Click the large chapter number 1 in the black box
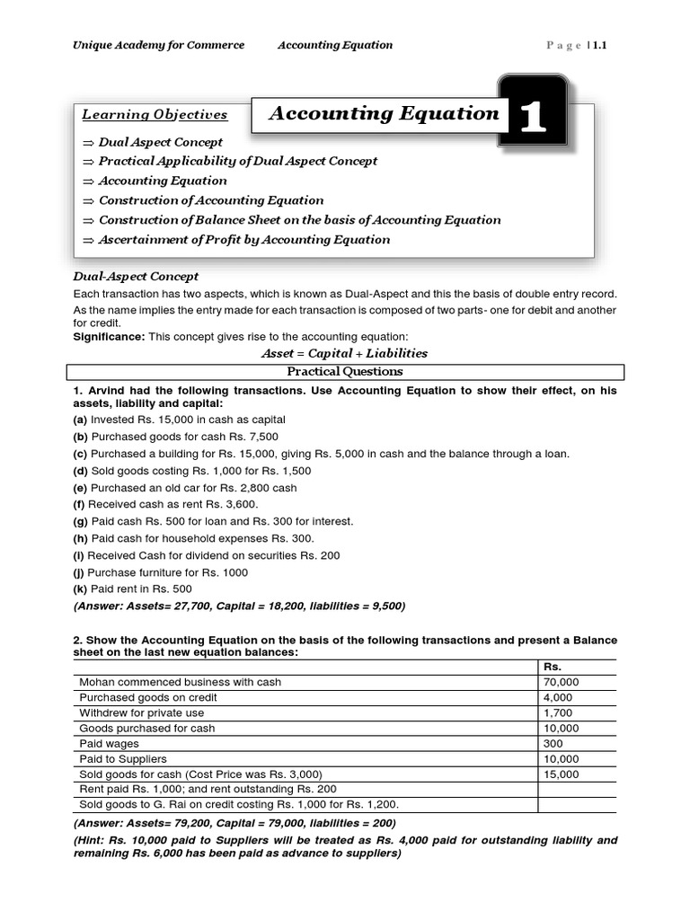(533, 116)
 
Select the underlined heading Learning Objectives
(155, 115)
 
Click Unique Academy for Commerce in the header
(158, 45)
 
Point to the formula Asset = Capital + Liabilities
(344, 353)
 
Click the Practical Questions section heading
(344, 371)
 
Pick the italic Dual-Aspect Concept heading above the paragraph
(135, 277)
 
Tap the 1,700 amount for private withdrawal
(557, 712)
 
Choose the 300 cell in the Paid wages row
(553, 743)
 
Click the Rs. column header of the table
(553, 667)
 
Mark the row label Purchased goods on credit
(148, 697)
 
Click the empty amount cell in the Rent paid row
(576, 789)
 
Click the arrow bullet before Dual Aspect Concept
(87, 142)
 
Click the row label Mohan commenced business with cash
(180, 682)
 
